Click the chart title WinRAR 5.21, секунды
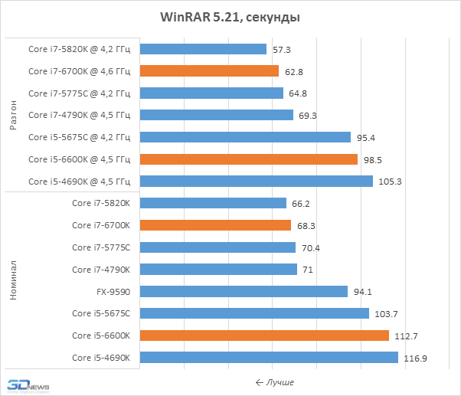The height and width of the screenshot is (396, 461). (x=230, y=17)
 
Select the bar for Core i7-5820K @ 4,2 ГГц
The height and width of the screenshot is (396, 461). (x=204, y=49)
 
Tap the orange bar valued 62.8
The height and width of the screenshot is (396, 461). (x=210, y=71)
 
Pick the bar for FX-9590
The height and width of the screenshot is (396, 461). (x=244, y=291)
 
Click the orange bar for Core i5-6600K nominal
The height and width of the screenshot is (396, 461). (x=265, y=335)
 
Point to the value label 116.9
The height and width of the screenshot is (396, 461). (x=415, y=358)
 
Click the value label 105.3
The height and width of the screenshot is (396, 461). (x=390, y=182)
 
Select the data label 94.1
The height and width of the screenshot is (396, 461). (x=362, y=292)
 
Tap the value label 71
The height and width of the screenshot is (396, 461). (x=308, y=270)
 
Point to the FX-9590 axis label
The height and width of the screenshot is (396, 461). (x=114, y=291)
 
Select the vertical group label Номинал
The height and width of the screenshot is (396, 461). (x=13, y=280)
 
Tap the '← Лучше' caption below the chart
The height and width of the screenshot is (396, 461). (x=274, y=382)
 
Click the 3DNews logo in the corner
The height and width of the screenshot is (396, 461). (x=28, y=386)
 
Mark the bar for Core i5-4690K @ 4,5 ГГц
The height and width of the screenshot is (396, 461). (x=257, y=182)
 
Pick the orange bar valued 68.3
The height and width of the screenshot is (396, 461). (x=216, y=225)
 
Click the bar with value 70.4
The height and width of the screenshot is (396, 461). (x=218, y=247)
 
